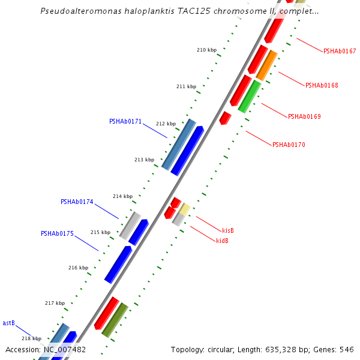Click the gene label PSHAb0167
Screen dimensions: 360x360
340,51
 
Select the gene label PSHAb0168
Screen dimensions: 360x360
322,85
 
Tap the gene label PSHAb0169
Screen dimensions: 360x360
304,116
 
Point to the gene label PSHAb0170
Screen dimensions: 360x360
289,145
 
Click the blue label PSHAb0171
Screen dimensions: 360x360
125,121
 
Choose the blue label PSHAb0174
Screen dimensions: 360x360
77,202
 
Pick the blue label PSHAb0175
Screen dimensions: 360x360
57,233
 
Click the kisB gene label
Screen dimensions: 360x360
228,230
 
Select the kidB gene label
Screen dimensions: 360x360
222,241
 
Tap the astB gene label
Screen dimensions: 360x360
8,323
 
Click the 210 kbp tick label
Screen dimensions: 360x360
206,50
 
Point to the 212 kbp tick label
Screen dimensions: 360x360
166,124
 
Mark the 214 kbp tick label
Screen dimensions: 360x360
122,196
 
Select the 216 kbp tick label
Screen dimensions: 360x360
78,268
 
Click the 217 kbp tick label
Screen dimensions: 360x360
55,303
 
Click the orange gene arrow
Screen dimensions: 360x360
266,65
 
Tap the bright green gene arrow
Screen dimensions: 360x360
249,96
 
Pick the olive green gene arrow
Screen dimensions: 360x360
115,320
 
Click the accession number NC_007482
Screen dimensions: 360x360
65,349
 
